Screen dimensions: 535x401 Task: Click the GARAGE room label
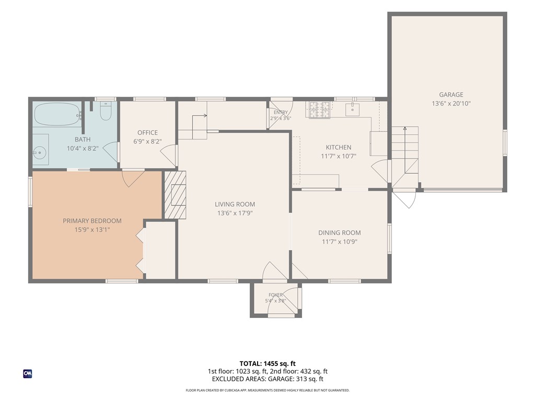click(x=451, y=95)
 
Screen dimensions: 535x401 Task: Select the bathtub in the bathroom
click(x=57, y=114)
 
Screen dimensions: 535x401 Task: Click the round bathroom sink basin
click(x=40, y=153)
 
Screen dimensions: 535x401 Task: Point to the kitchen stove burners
click(x=320, y=110)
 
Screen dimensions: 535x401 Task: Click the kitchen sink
click(x=352, y=110)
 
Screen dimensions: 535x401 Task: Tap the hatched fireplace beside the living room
click(x=175, y=195)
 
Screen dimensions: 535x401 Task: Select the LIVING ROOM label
click(x=235, y=204)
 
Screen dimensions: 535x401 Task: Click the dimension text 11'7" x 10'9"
click(x=339, y=242)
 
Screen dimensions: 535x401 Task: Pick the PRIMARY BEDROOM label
click(x=92, y=221)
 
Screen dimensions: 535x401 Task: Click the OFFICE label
click(x=147, y=133)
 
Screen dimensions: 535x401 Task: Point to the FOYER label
click(x=275, y=295)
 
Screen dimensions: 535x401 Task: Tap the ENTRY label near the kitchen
click(x=281, y=112)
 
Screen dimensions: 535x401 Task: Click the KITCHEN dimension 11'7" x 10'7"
click(x=339, y=156)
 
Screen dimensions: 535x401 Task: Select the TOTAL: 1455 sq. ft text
click(x=267, y=363)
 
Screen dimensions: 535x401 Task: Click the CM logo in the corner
click(x=27, y=374)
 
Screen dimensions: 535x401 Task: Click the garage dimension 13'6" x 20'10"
click(x=451, y=103)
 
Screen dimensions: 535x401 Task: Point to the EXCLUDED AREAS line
click(x=267, y=379)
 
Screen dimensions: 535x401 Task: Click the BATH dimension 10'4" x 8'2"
click(x=83, y=148)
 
